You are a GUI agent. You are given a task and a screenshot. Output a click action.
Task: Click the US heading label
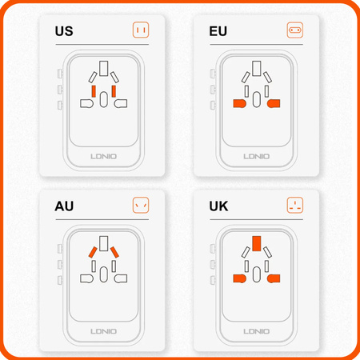pyautogui.click(x=64, y=32)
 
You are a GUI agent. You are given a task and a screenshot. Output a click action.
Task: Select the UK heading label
pyautogui.click(x=220, y=207)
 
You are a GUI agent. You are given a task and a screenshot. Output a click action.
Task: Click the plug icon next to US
pyautogui.click(x=141, y=31)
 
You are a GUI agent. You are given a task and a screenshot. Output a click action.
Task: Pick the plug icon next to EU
pyautogui.click(x=295, y=31)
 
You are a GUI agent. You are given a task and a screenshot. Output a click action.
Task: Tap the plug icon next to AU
pyautogui.click(x=141, y=206)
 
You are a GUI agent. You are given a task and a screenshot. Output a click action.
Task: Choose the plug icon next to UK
pyautogui.click(x=295, y=206)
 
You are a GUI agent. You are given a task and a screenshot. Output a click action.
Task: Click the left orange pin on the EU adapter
pyautogui.click(x=238, y=104)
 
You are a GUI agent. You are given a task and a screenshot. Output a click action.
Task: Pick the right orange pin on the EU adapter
pyautogui.click(x=274, y=104)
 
